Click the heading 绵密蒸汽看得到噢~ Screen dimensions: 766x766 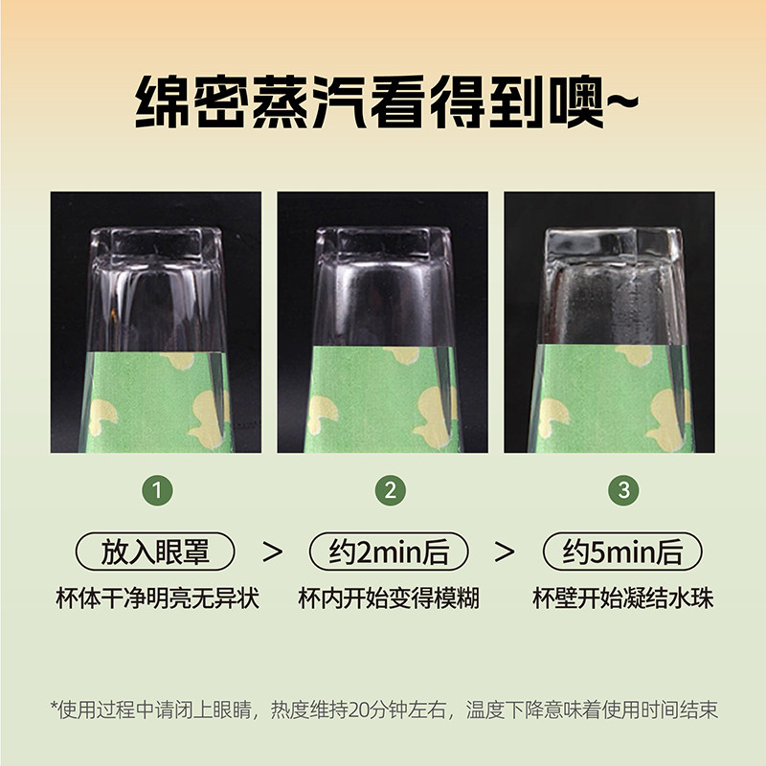387,101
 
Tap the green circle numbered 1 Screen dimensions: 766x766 157,490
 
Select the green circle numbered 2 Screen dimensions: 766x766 391,490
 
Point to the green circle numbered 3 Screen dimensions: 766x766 624,490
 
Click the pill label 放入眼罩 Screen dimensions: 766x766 155,552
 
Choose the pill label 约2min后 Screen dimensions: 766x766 389,552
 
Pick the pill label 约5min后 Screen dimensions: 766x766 622,552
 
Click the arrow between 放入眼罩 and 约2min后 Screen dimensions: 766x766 272,552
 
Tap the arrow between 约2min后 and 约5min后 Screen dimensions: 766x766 505,552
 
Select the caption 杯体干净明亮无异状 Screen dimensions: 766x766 157,597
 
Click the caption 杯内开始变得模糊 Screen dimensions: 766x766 389,597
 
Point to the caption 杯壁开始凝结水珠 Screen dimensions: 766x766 623,597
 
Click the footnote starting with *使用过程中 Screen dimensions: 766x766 384,710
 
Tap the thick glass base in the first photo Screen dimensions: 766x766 156,243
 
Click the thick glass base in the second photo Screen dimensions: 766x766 384,243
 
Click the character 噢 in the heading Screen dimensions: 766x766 576,101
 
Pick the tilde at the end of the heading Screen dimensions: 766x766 622,101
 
